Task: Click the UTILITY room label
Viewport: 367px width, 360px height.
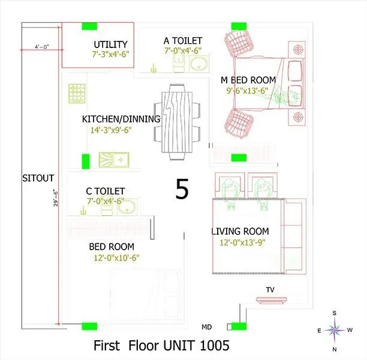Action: click(x=110, y=44)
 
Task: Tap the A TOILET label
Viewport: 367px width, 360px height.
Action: click(x=182, y=41)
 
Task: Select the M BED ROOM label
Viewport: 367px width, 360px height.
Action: click(x=248, y=80)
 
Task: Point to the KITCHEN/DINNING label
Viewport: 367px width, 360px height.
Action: click(x=121, y=119)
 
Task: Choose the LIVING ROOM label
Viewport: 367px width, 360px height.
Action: click(x=240, y=231)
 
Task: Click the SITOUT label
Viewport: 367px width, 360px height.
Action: click(x=38, y=178)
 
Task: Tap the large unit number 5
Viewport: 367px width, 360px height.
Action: click(x=182, y=189)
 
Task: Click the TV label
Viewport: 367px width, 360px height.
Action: click(x=270, y=290)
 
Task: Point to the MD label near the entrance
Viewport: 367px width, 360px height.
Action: click(x=206, y=328)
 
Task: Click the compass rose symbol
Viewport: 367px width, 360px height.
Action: click(x=336, y=329)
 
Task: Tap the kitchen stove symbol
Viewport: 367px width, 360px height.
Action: click(x=76, y=92)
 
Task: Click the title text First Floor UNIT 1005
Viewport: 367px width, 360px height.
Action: click(x=161, y=346)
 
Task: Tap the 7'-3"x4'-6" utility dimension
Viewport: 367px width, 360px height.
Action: click(x=110, y=54)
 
